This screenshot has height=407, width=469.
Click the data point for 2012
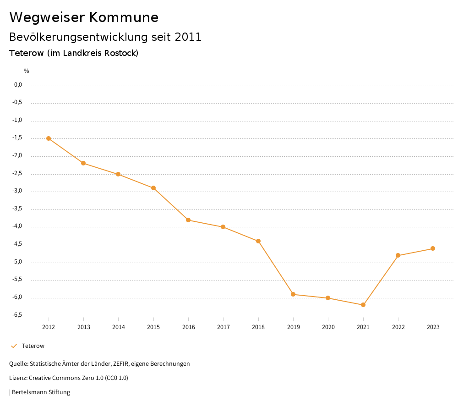tap(49, 138)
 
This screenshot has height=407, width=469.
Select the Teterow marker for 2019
tap(293, 294)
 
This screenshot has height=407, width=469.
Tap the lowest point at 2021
tap(363, 305)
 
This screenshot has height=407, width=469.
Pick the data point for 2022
tap(398, 255)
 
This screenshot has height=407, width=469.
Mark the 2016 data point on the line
tap(188, 220)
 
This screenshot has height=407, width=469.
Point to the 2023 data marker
tap(433, 248)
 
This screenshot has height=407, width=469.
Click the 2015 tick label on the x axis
tap(153, 327)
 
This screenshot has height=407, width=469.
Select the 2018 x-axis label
tap(258, 327)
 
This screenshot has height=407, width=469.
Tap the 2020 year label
tap(328, 327)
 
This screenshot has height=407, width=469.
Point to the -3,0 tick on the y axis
tap(18, 191)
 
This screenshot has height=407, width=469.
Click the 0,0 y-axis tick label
tap(18, 85)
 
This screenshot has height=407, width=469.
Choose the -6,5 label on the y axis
tap(18, 315)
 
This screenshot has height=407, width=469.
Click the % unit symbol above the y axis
tap(27, 71)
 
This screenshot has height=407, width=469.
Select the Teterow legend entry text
tap(33, 346)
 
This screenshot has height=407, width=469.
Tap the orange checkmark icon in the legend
tap(14, 346)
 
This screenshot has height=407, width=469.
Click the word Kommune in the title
tap(124, 17)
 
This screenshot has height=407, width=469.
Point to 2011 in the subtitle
tap(188, 37)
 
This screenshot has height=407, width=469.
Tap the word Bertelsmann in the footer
tap(29, 392)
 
